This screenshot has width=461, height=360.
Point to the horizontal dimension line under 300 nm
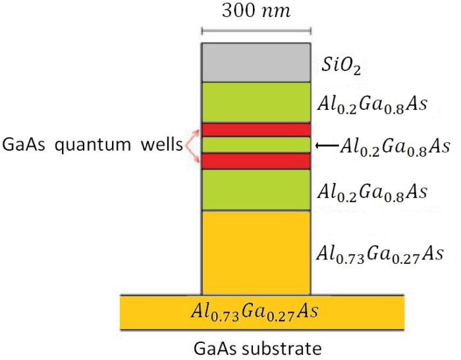tap(256, 30)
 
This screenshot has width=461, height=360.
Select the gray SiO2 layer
tap(256, 62)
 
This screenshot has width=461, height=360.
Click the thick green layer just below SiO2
tap(256, 102)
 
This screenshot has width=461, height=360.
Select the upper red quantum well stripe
tap(256, 130)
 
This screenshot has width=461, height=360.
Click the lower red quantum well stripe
tap(256, 161)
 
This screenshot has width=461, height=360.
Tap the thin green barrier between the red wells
tap(256, 145)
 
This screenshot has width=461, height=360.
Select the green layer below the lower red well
tap(256, 190)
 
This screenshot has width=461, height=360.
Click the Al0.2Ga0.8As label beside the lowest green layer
tap(372, 192)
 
